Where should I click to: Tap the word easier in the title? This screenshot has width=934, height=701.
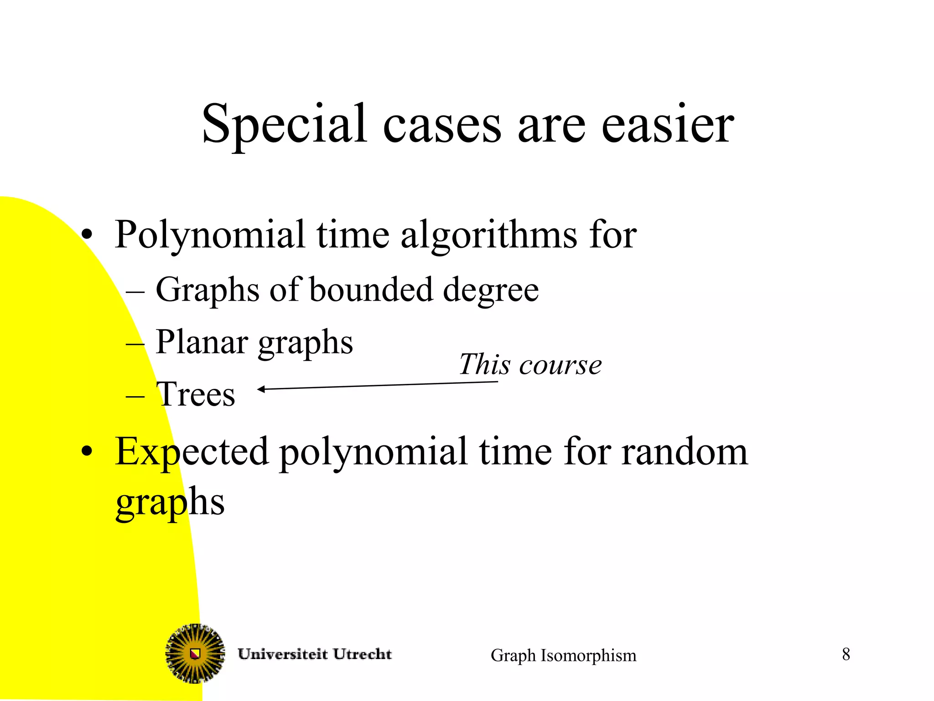[x=668, y=124]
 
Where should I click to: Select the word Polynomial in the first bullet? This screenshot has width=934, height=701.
[x=210, y=235]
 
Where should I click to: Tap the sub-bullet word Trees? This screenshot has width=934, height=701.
[x=196, y=394]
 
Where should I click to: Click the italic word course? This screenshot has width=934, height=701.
[x=560, y=365]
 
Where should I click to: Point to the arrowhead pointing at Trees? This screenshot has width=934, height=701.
[x=261, y=389]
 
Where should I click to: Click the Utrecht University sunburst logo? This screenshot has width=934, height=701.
[x=195, y=653]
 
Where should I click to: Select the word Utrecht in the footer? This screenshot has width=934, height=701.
[x=362, y=654]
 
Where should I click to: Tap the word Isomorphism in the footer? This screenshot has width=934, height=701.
[x=588, y=655]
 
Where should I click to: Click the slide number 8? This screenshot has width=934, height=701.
[x=846, y=654]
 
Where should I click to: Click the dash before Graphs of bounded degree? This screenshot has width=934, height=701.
[x=135, y=291]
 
